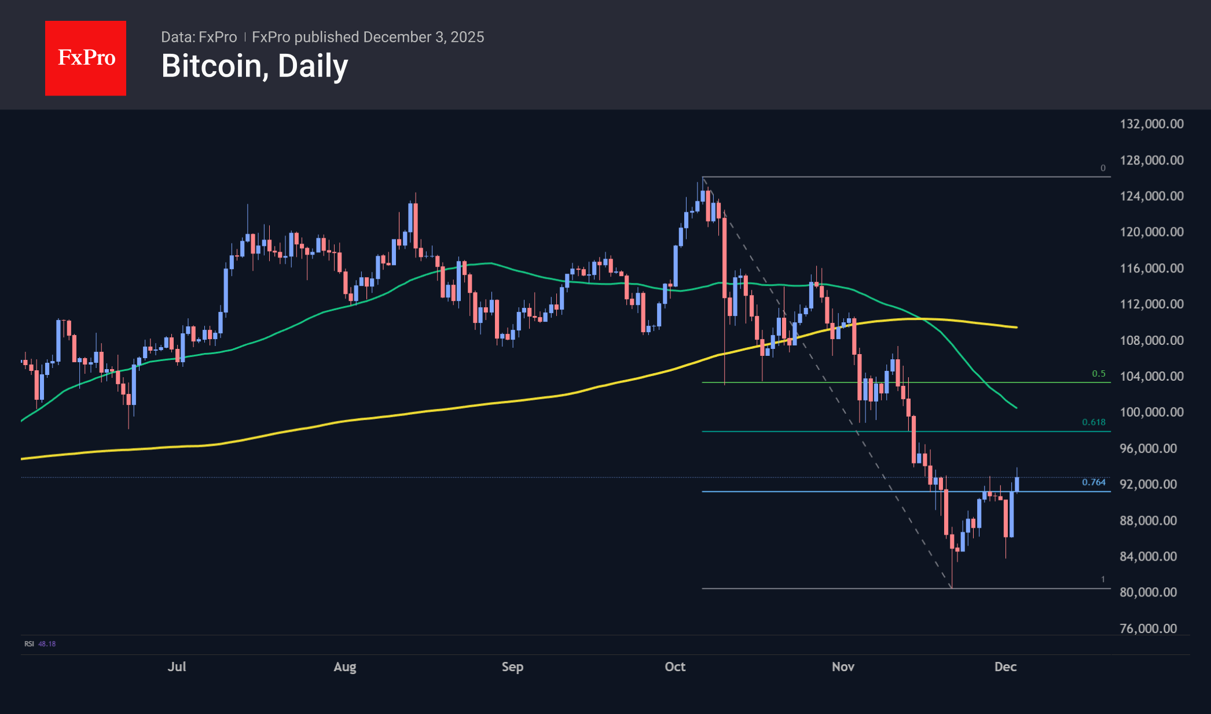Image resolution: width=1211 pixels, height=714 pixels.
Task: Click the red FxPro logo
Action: (86, 58)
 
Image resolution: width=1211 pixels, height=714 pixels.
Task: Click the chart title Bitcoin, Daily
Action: (255, 66)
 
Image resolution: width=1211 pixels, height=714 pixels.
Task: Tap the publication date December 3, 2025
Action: (424, 37)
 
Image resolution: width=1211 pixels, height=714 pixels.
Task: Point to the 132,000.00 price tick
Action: (1151, 124)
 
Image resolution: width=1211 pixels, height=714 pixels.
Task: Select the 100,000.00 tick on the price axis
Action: (1151, 412)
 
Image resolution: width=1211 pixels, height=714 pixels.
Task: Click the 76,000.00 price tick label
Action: (1148, 628)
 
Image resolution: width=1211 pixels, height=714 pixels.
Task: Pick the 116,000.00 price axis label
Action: (1151, 268)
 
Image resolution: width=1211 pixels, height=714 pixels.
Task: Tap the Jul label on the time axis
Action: (177, 667)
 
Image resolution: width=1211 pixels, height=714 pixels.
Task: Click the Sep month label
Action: (512, 667)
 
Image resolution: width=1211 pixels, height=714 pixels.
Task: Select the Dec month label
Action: (1005, 667)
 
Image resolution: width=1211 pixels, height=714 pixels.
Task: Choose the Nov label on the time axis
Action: (843, 667)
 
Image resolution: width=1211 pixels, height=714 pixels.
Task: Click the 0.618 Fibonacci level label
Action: (1093, 422)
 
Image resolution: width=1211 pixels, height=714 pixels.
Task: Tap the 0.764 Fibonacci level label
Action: (1093, 482)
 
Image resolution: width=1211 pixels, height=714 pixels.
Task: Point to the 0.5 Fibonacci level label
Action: (1098, 374)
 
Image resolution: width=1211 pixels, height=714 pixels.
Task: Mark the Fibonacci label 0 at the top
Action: (1103, 168)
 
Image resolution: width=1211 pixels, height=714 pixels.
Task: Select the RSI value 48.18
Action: (47, 643)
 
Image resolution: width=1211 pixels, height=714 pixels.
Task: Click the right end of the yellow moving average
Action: (1016, 327)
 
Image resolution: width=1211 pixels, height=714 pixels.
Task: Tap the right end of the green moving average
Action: (1016, 408)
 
